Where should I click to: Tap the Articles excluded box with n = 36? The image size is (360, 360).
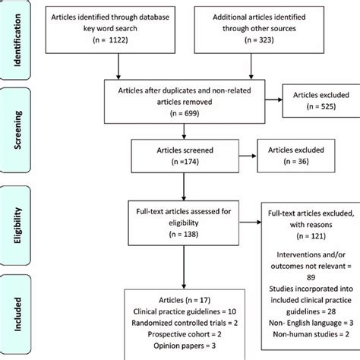click(289, 156)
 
